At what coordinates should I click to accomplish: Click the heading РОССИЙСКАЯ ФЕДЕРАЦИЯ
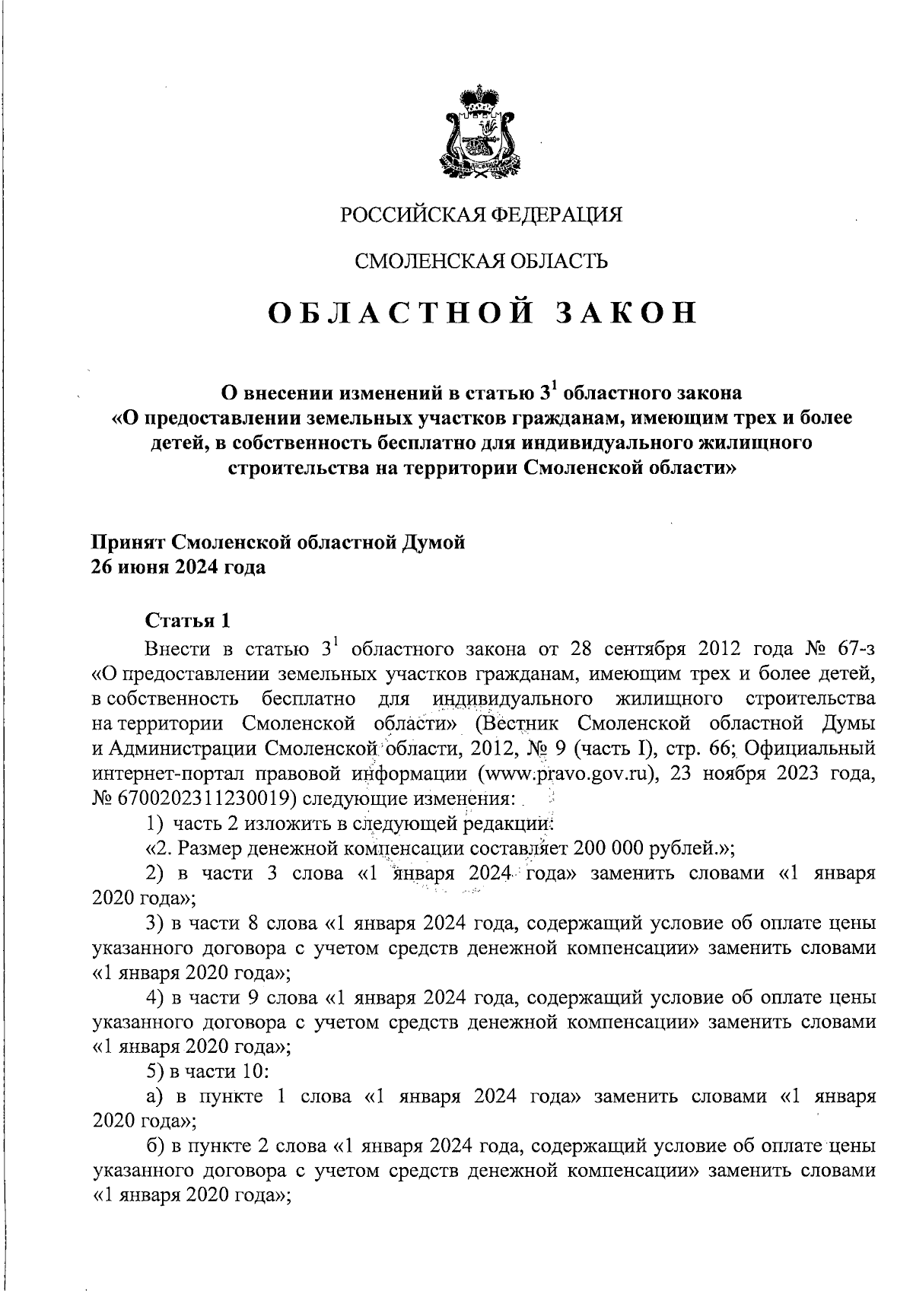click(x=481, y=215)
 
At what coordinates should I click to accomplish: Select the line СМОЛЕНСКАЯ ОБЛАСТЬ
click(x=482, y=262)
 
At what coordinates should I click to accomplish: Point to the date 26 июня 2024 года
click(x=179, y=568)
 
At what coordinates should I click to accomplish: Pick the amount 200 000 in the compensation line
click(x=612, y=848)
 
